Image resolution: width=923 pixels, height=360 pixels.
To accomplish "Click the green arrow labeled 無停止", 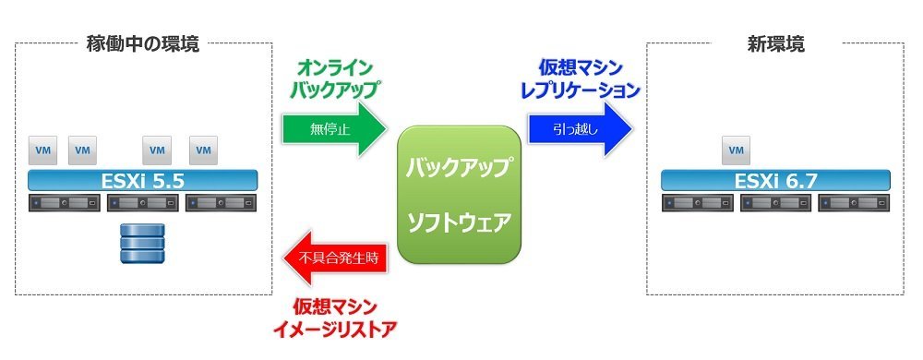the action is [x=334, y=129].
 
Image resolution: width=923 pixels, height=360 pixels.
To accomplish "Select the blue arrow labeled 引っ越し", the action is [x=580, y=129].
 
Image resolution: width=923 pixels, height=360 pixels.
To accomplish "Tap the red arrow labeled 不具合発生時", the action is [x=334, y=258].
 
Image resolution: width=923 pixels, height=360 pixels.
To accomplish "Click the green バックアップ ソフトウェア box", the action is [x=459, y=195].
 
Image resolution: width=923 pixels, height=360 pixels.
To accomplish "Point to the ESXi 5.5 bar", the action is [x=143, y=181].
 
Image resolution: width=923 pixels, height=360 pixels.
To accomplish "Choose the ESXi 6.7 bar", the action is [x=775, y=181].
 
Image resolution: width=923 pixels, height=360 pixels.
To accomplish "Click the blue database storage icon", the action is [x=142, y=243].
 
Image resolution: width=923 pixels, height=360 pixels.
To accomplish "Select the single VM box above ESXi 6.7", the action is [x=736, y=150].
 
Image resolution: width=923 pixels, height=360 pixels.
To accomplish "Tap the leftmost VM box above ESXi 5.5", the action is [x=43, y=150].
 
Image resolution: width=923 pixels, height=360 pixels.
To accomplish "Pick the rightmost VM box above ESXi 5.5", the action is [x=204, y=150].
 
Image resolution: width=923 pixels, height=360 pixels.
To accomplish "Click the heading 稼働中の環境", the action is [x=143, y=44].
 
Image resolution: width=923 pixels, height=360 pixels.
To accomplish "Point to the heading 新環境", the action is [x=776, y=44].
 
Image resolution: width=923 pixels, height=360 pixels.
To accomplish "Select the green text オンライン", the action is [x=334, y=68].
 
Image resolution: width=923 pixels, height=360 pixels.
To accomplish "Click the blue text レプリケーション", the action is [x=580, y=90].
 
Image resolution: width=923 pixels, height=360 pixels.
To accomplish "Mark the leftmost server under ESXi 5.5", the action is [x=65, y=203].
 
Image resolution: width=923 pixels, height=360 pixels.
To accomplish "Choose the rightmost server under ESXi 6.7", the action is [x=854, y=203].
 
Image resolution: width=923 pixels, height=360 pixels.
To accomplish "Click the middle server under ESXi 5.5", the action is [x=143, y=203].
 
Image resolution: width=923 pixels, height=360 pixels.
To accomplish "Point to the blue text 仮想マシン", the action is [x=580, y=68].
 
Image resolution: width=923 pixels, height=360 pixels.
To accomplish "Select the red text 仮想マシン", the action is [x=334, y=306].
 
